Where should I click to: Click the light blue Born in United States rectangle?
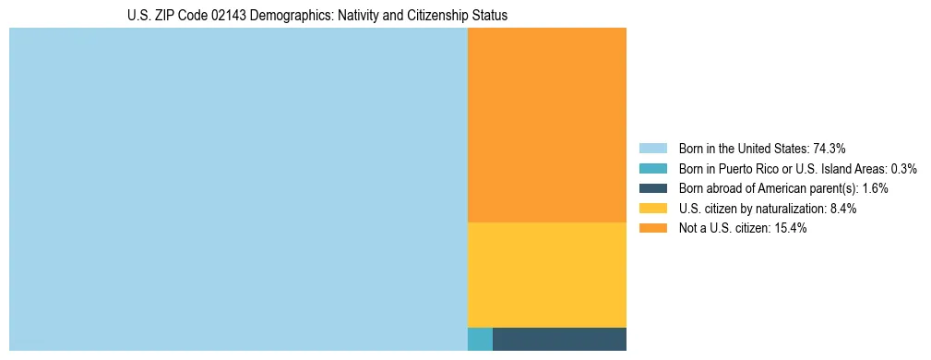tap(238, 189)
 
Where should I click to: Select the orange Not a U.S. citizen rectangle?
tap(547, 125)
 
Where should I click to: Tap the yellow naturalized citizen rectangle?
tap(547, 275)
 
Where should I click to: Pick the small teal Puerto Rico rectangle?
tap(480, 339)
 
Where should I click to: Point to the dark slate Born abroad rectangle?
tap(559, 339)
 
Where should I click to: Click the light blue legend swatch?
tap(652, 148)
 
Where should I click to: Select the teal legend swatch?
tap(652, 168)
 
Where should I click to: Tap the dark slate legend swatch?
tap(652, 188)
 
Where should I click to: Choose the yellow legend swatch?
tap(652, 209)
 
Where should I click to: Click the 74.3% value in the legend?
tap(830, 148)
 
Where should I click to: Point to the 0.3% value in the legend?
tap(904, 168)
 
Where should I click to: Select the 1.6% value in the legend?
tap(876, 188)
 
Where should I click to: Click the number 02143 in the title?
tap(230, 16)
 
